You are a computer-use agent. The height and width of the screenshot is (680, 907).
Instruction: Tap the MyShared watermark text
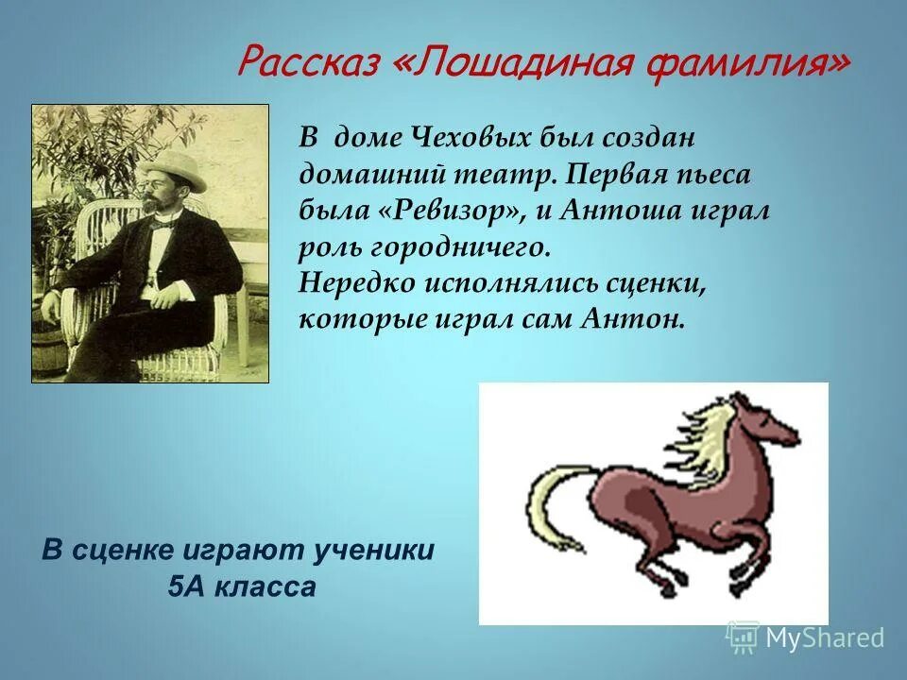point(825,638)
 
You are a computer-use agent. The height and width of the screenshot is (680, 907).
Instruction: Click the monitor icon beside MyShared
point(743,637)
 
